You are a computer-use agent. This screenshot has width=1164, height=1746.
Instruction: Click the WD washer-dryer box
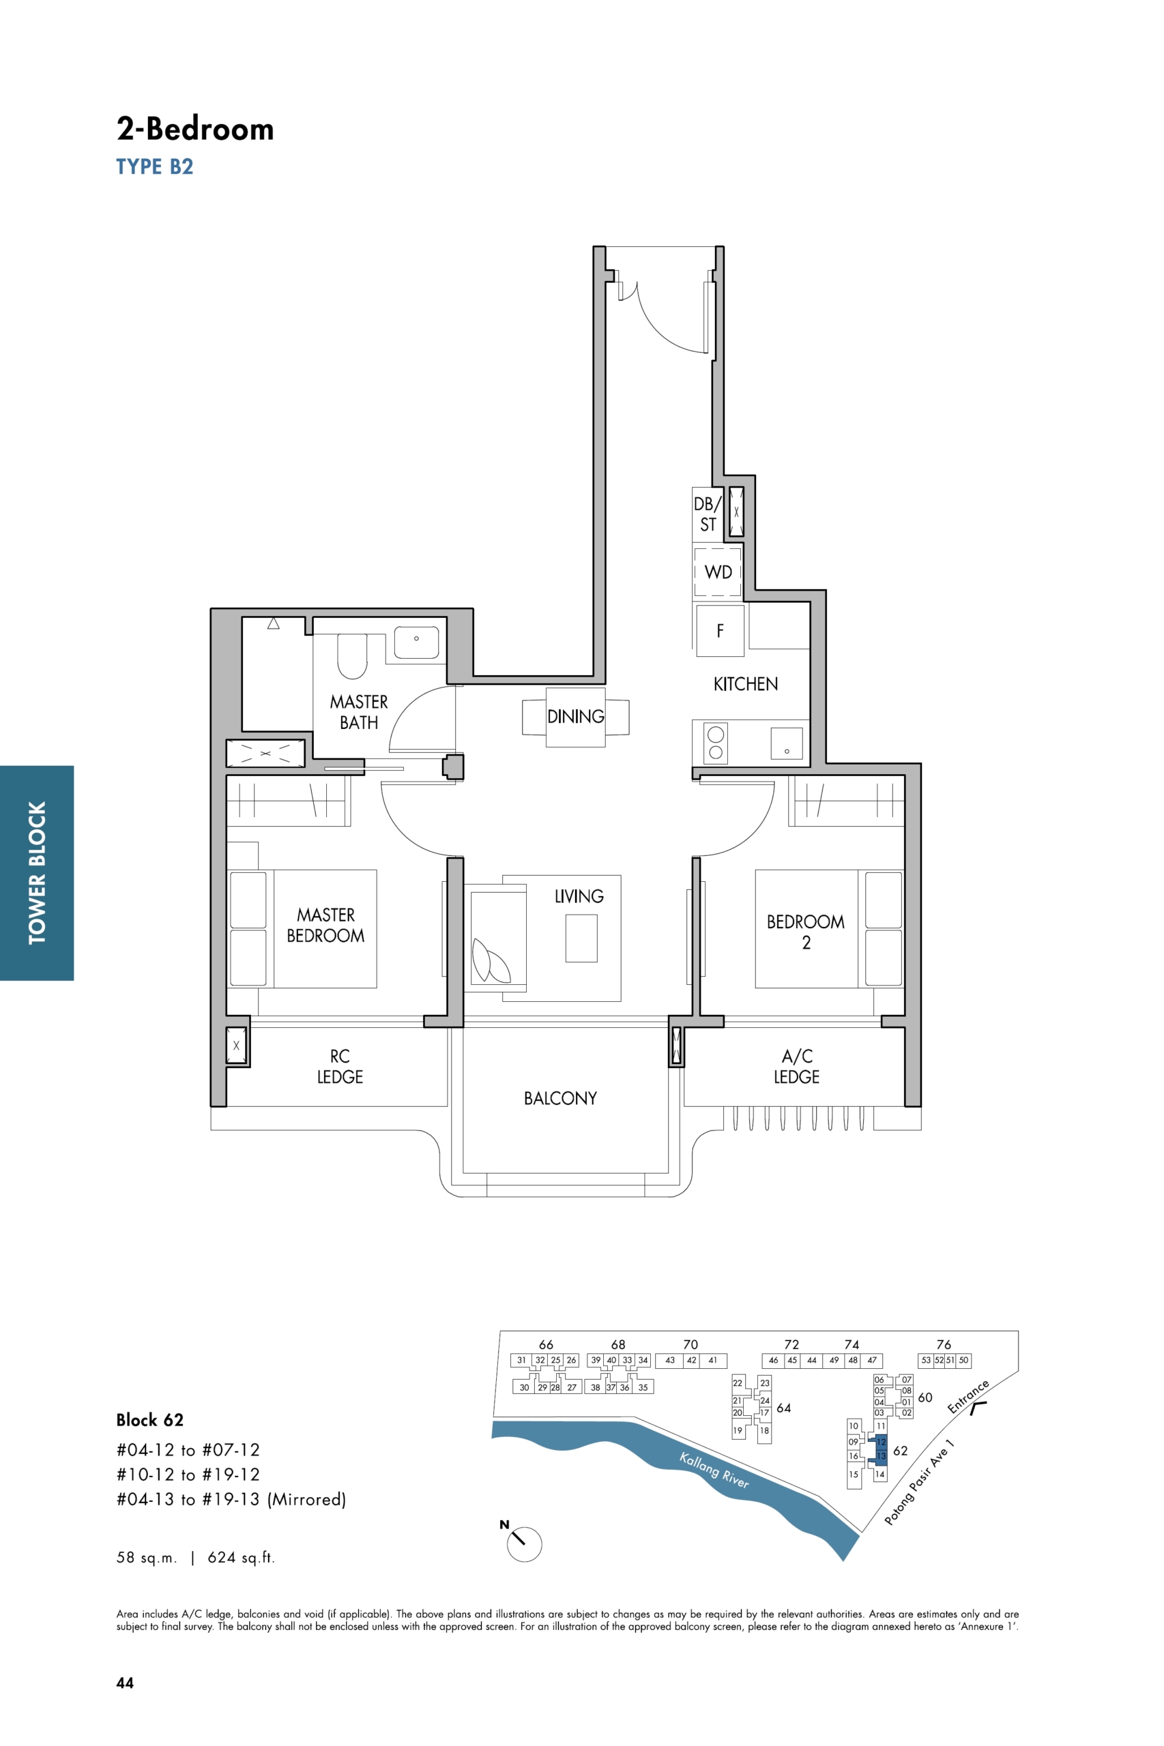coord(717,572)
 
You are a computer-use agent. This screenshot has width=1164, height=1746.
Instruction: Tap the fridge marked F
coord(720,631)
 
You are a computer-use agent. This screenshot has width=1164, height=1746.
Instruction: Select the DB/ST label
coord(708,514)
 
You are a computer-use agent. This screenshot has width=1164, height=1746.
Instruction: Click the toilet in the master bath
coord(352,656)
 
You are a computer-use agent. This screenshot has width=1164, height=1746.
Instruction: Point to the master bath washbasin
coord(416,642)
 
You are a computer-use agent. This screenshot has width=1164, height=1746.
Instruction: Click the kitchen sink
coord(786,743)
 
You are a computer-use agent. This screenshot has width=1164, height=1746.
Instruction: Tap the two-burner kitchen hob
coord(716,742)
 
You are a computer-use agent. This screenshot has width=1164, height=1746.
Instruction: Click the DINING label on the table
coord(575,717)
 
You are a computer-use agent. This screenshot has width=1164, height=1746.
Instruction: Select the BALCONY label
coord(560,1098)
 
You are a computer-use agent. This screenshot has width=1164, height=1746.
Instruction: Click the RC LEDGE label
coord(340,1066)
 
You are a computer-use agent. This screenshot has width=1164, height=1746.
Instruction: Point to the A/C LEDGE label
coord(796,1066)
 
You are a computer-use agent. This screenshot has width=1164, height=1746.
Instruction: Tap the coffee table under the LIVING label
coord(581,938)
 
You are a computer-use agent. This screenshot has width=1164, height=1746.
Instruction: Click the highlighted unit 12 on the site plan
coord(881,1442)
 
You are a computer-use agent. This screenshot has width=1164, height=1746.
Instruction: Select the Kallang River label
coord(714,1470)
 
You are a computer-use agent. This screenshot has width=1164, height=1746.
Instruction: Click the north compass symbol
coord(523,1544)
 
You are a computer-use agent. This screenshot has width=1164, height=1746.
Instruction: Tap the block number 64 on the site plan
coord(783,1408)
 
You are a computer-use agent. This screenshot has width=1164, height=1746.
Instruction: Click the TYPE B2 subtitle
coord(154,166)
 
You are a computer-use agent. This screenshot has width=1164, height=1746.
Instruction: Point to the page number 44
coord(125,1683)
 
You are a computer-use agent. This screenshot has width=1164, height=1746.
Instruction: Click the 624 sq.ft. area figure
coord(242,1558)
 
